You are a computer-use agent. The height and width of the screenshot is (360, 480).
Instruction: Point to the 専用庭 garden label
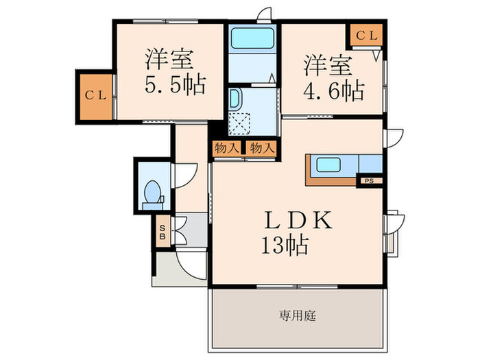coord(297,316)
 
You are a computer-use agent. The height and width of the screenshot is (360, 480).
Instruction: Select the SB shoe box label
coord(163,232)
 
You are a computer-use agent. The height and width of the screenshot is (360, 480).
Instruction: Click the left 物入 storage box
coord(227,147)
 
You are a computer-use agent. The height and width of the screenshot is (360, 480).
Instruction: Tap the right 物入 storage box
coord(261,147)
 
